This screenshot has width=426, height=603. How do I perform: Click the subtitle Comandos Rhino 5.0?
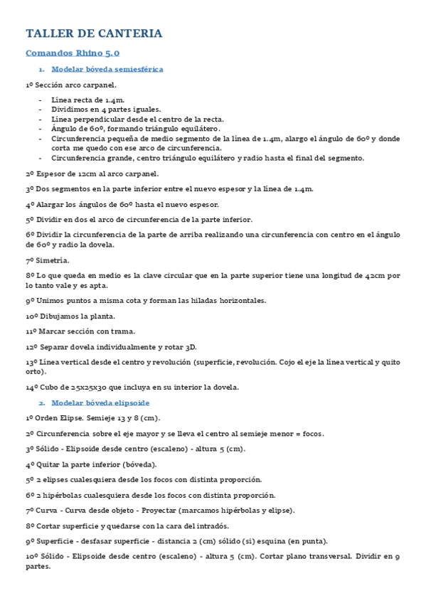pos(73,53)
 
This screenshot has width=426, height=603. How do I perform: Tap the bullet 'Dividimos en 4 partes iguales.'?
pos(106,110)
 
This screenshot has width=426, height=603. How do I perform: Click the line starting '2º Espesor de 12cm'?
pos(92,174)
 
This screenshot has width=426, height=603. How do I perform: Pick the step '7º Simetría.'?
pos(48,260)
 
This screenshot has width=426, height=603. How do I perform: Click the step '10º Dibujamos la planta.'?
pos(70,316)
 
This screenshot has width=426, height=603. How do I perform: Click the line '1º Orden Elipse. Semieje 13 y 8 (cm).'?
pos(92,418)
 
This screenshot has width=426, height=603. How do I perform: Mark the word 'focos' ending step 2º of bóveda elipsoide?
pos(312,434)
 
